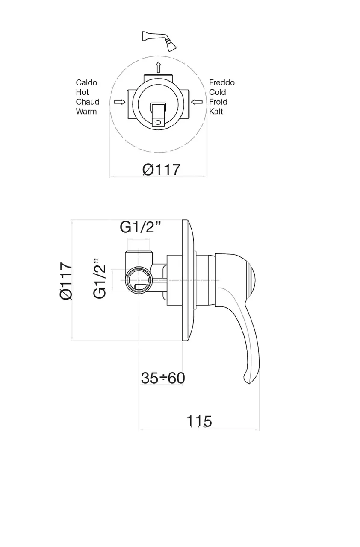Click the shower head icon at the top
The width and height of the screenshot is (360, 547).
click(159, 40)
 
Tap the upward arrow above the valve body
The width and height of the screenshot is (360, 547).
click(159, 67)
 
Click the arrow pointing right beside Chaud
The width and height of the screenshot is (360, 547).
click(120, 102)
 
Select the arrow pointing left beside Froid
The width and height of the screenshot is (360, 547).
click(197, 102)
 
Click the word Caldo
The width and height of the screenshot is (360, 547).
click(86, 82)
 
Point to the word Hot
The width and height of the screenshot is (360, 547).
click(83, 92)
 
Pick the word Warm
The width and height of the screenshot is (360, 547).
click(86, 112)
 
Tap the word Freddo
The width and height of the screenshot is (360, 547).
click(222, 82)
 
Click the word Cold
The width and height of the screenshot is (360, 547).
click(217, 92)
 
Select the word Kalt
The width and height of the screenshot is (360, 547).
click(216, 112)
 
